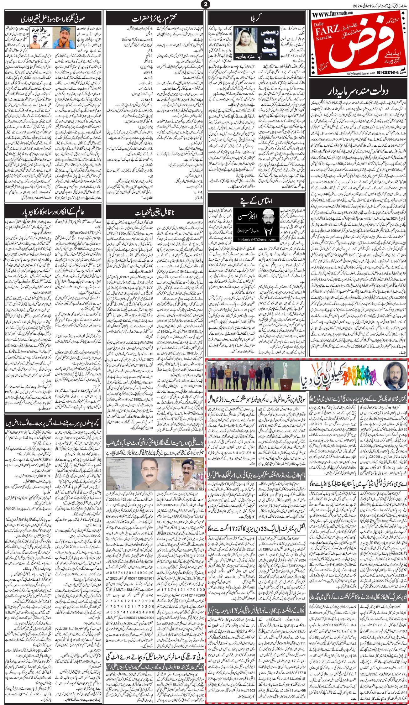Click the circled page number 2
click(205, 4)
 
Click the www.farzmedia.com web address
click(333, 13)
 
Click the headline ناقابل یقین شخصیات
click(154, 213)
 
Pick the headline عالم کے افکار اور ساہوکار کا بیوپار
click(52, 213)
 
